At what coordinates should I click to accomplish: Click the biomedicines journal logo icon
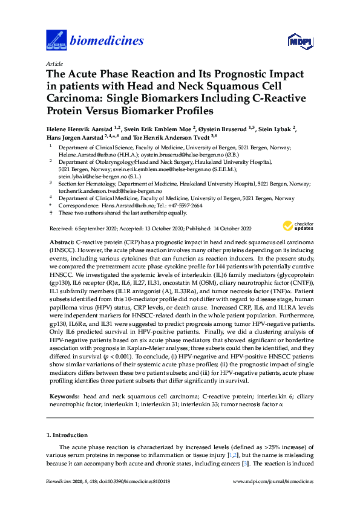[56, 41]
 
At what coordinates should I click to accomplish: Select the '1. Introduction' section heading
[68, 435]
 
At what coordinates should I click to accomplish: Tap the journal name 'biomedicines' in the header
[107, 41]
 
